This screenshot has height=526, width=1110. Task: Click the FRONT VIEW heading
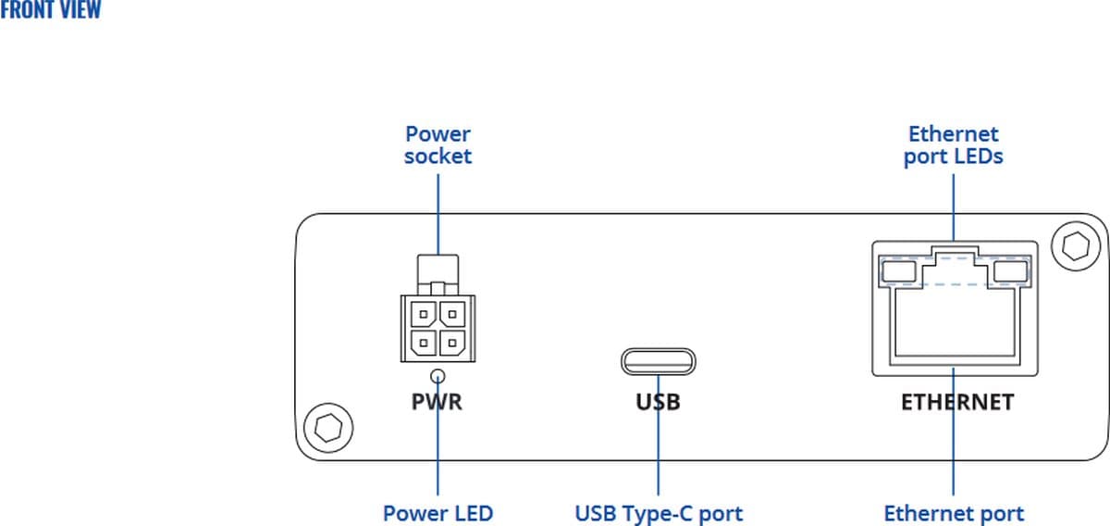pyautogui.click(x=51, y=11)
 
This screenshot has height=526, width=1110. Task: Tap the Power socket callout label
pyautogui.click(x=438, y=145)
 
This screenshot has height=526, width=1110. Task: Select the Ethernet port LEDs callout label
pyautogui.click(x=953, y=145)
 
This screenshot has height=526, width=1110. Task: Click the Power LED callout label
pyautogui.click(x=438, y=513)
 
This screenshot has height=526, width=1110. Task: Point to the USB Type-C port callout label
pyautogui.click(x=658, y=513)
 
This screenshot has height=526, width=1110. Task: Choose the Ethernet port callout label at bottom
pyautogui.click(x=954, y=513)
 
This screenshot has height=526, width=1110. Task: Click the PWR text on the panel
pyautogui.click(x=437, y=403)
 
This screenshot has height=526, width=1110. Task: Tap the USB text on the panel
pyautogui.click(x=658, y=403)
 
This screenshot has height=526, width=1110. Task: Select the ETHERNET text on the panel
pyautogui.click(x=957, y=403)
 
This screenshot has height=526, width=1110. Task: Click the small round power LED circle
pyautogui.click(x=438, y=375)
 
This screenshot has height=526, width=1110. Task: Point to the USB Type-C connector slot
pyautogui.click(x=658, y=360)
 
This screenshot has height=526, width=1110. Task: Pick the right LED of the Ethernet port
pyautogui.click(x=1010, y=271)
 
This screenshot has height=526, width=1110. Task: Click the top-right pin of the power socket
pyautogui.click(x=451, y=314)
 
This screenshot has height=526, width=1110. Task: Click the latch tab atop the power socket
pyautogui.click(x=438, y=270)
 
